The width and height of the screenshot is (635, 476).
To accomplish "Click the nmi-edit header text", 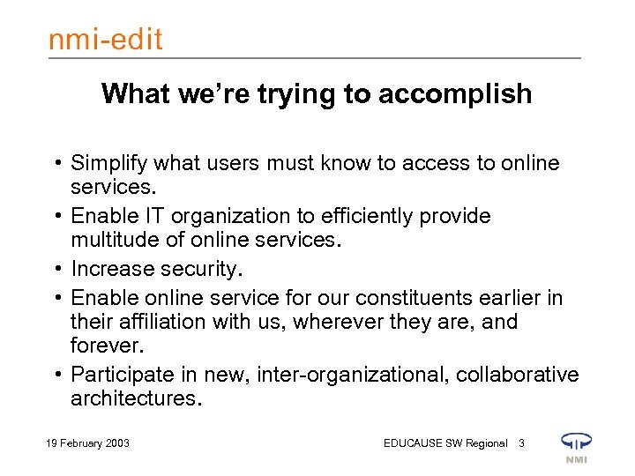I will pyautogui.click(x=105, y=40).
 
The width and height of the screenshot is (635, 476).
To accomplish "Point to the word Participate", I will pyautogui.click(x=119, y=376).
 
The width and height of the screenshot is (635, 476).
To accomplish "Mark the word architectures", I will pyautogui.click(x=135, y=398).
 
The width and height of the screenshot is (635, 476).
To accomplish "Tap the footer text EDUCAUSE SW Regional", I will pyautogui.click(x=445, y=443).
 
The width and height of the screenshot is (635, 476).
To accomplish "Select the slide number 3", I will pyautogui.click(x=521, y=443).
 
